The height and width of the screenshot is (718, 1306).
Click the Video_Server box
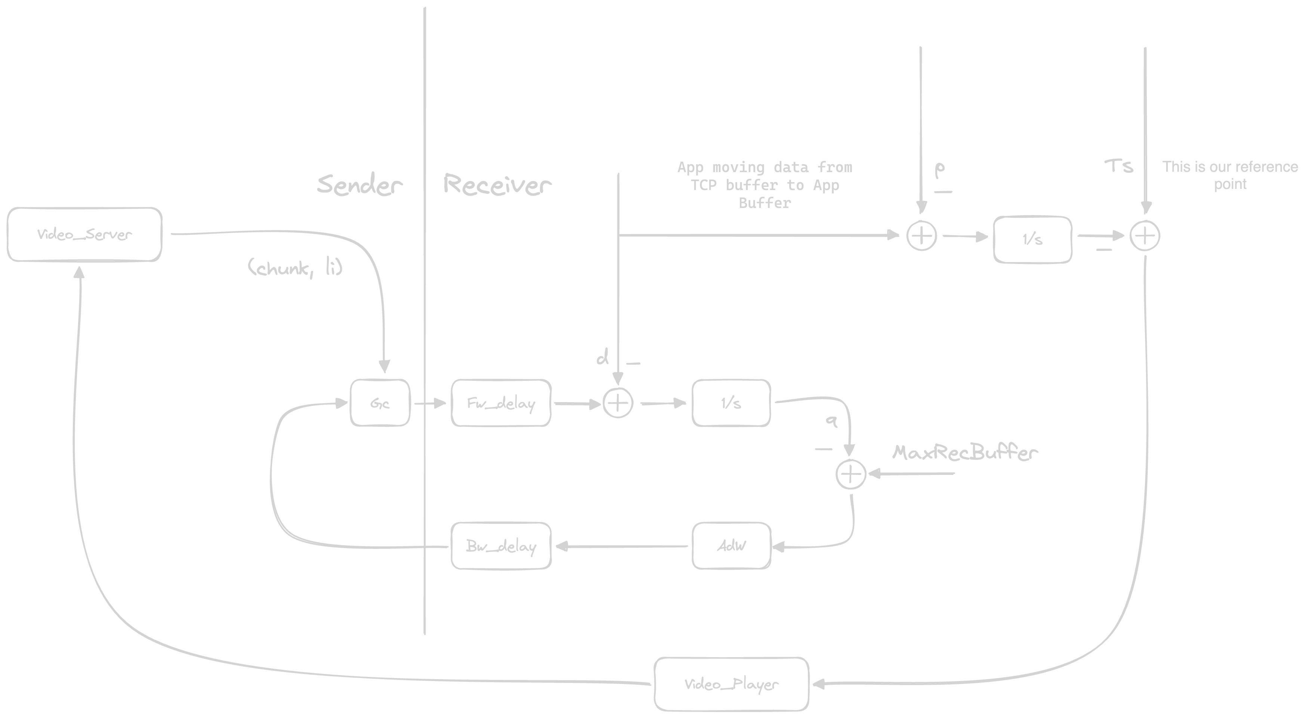84,234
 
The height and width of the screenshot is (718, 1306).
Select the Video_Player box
731,684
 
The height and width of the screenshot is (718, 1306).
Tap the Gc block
380,403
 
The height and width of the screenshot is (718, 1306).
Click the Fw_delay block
501,403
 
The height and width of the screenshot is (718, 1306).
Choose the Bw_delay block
501,546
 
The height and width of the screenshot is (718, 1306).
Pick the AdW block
731,546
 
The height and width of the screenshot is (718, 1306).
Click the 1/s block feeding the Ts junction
1032,239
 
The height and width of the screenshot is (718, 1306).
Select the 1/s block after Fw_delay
731,403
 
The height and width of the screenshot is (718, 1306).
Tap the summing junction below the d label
618,403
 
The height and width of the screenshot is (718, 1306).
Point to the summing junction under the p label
921,236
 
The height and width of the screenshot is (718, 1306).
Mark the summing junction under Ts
1145,236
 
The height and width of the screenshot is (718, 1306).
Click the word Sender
359,184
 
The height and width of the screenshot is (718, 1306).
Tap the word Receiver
497,184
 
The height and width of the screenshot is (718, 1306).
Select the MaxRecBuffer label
964,453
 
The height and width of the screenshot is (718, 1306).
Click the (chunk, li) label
295,267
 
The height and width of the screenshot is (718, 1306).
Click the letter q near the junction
831,420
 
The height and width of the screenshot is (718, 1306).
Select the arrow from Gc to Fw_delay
429,403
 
